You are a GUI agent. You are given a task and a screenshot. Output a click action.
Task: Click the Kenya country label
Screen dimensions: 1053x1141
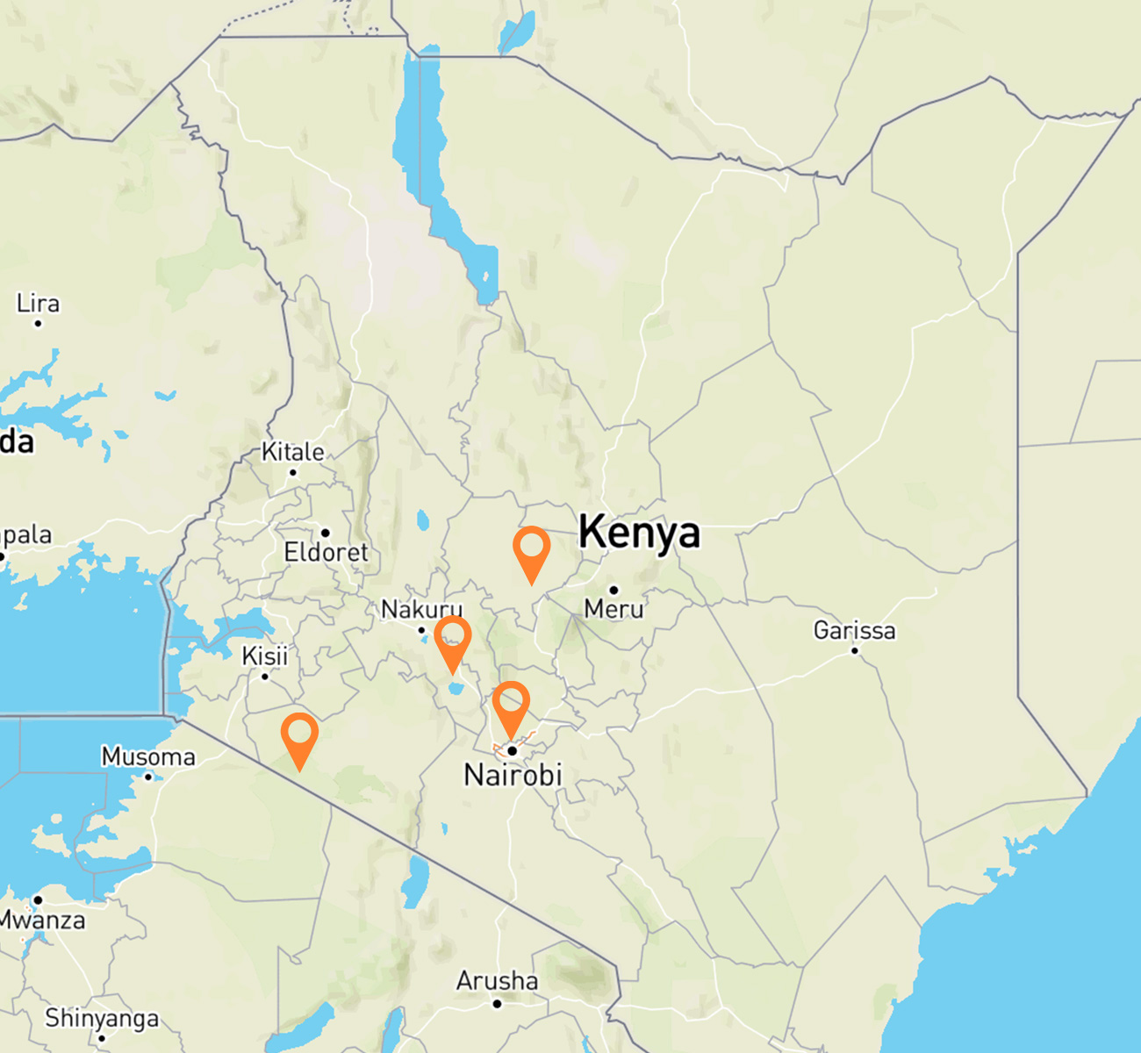click(639, 533)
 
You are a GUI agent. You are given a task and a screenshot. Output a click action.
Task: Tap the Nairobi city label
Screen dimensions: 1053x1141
click(513, 775)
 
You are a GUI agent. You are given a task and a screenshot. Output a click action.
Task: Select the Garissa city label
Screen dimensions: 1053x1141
click(854, 630)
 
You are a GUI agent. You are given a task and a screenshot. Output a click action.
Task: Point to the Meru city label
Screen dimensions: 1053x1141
click(614, 608)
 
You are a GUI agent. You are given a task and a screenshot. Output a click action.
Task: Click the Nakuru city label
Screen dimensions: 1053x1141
click(421, 609)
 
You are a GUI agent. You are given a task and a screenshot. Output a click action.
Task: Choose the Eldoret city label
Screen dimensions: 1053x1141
click(326, 552)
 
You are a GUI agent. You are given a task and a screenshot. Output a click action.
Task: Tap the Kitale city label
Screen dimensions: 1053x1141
click(293, 452)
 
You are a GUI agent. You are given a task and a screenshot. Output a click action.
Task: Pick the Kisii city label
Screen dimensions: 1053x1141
click(265, 655)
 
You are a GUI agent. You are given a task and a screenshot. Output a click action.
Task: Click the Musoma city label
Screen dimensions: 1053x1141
click(148, 756)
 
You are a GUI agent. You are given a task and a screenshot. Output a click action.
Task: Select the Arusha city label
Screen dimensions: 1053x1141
click(497, 980)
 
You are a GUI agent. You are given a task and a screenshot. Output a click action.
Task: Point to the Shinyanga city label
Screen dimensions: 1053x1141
click(102, 1018)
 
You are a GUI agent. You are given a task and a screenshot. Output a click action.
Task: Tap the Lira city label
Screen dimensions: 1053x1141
click(38, 304)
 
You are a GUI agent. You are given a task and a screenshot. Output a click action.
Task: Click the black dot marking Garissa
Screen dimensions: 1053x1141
click(855, 650)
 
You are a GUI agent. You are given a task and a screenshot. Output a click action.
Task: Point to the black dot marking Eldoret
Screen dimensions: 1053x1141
click(325, 533)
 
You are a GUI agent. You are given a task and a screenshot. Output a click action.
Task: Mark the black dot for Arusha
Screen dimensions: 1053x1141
click(497, 1003)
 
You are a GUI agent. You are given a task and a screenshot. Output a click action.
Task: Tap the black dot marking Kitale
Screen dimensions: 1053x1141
click(293, 472)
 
